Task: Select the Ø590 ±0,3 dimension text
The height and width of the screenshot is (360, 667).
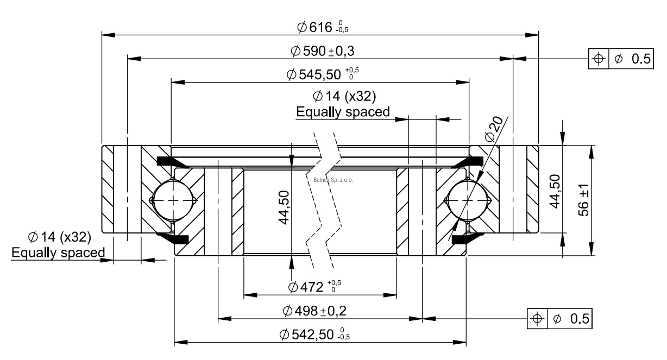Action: click(x=323, y=50)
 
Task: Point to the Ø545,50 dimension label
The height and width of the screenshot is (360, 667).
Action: click(x=322, y=73)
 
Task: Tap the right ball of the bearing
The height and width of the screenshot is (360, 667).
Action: click(x=466, y=200)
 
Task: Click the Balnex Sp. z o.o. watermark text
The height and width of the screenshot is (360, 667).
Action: click(x=333, y=180)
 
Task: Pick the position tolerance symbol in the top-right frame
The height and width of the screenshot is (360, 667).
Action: click(x=599, y=59)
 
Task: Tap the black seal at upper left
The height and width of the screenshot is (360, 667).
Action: click(x=169, y=161)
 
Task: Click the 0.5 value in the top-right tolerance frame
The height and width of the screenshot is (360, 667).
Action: click(x=639, y=59)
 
